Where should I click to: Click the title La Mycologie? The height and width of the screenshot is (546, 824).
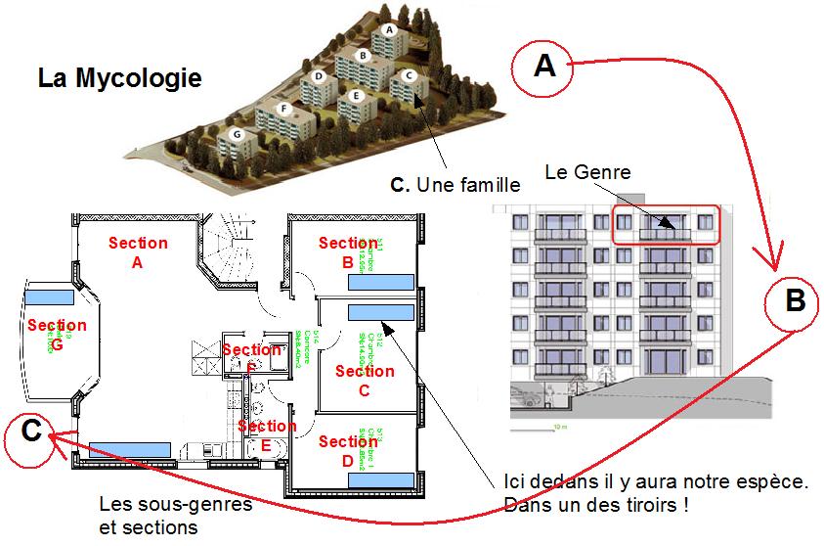click(x=120, y=77)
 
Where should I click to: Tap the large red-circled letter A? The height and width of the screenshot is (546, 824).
click(x=544, y=67)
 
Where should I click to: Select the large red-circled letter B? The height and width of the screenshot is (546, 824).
click(x=796, y=302)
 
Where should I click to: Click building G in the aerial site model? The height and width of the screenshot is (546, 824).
click(x=236, y=134)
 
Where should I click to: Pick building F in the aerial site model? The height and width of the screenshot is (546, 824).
click(x=284, y=108)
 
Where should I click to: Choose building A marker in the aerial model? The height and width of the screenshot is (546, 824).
click(x=389, y=29)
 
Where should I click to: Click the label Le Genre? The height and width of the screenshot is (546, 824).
click(x=587, y=173)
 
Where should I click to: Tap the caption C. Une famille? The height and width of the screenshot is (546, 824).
click(x=455, y=183)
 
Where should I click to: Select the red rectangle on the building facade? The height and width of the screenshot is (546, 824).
click(x=666, y=225)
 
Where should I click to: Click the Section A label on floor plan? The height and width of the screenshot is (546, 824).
click(x=138, y=252)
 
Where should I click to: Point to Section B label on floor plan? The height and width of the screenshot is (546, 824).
click(x=348, y=252)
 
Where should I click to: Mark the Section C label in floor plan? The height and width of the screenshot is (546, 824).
click(x=365, y=381)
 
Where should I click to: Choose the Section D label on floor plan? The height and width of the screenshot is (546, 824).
click(x=348, y=451)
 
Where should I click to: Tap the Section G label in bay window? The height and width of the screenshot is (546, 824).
click(x=57, y=334)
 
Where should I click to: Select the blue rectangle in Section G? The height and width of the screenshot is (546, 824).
click(x=47, y=296)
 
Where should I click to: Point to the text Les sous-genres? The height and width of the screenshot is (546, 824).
click(x=176, y=505)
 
